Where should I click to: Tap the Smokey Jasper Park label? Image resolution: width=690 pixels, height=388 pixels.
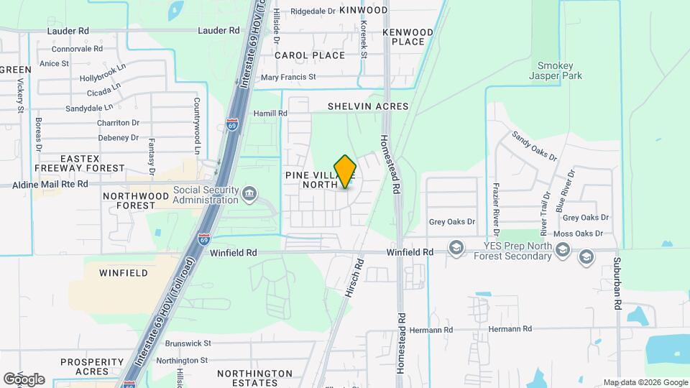pos(556,70)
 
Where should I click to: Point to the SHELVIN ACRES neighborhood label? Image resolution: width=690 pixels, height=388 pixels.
pos(368,106)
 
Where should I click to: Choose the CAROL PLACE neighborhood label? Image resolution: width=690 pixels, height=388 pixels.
pos(310,55)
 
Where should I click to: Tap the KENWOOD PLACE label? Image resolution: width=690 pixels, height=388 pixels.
pos(408,37)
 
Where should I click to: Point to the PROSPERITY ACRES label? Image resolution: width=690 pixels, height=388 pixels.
pos(93,366)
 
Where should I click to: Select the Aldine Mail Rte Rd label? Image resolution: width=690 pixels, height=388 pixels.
pos(44,184)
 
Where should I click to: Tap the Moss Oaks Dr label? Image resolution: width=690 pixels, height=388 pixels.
pos(583,234)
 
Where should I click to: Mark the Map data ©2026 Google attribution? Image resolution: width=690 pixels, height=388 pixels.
pos(645,382)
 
